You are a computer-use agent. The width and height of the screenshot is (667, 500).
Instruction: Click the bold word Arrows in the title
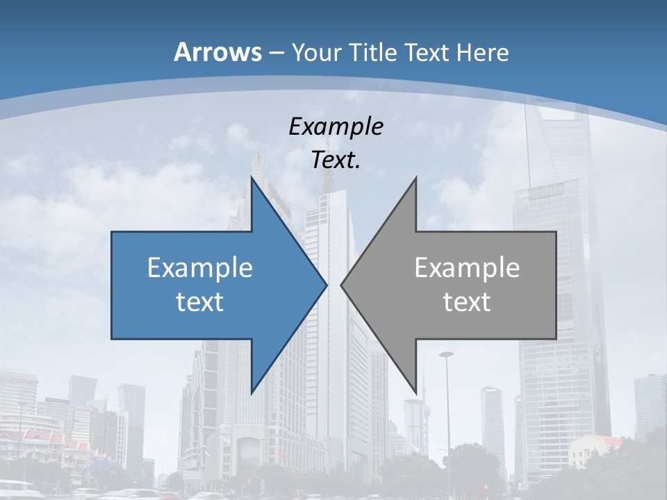(x=217, y=52)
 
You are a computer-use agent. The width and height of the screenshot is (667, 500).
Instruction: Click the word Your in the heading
(x=317, y=53)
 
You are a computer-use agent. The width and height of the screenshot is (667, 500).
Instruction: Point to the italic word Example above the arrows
(x=336, y=127)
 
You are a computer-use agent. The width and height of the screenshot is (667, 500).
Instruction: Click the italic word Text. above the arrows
(x=336, y=160)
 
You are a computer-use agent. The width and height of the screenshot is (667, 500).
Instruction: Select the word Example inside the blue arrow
(x=200, y=268)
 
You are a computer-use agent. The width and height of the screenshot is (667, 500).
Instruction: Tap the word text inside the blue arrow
(x=200, y=301)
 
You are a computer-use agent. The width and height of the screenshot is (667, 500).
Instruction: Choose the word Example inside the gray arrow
(x=467, y=268)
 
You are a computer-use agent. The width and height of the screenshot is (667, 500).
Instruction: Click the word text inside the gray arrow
(x=467, y=301)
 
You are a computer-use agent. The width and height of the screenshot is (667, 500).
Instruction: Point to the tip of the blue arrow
(x=327, y=285)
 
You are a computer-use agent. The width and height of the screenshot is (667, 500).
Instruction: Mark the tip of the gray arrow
(x=341, y=285)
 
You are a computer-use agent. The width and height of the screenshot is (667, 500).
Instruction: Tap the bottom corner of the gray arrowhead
(x=415, y=392)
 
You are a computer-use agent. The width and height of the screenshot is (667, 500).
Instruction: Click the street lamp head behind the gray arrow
(x=446, y=355)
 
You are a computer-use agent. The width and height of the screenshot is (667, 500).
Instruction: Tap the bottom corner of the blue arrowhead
(x=252, y=392)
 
